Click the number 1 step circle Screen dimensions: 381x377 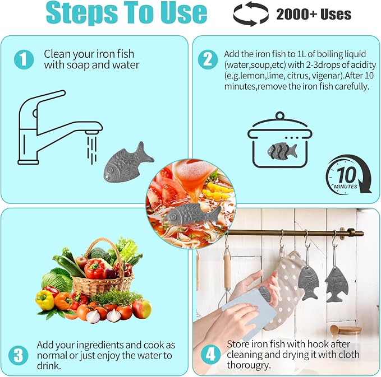[x=24, y=59]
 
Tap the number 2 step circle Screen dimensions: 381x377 [x=208, y=59]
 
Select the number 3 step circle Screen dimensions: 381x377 [x=18, y=355]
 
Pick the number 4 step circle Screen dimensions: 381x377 [x=210, y=355]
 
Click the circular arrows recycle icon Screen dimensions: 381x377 [x=251, y=14]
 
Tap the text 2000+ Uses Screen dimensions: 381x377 [x=314, y=15]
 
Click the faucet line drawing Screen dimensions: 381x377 [x=60, y=127]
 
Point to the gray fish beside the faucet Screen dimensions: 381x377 [x=128, y=162]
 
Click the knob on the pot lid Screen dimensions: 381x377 [x=280, y=116]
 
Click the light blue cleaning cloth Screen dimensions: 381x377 [x=250, y=313]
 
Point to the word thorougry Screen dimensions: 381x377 [x=249, y=365]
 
